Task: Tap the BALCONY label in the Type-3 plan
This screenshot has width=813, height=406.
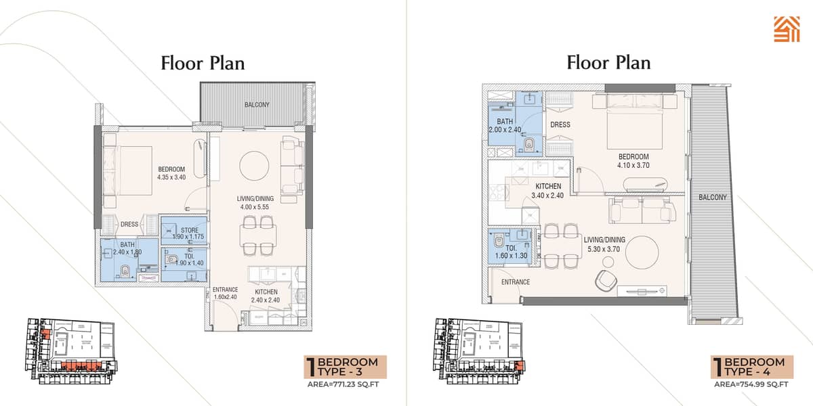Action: (257, 105)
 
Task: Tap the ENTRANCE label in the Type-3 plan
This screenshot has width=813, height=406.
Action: (226, 290)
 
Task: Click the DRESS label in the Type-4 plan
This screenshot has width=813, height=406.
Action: (560, 125)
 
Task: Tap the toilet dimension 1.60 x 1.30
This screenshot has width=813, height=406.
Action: (505, 256)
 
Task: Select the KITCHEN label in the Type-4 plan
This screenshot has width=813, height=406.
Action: (549, 185)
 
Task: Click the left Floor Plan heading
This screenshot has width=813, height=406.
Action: (203, 64)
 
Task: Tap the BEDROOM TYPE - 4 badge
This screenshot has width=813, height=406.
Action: (751, 367)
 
